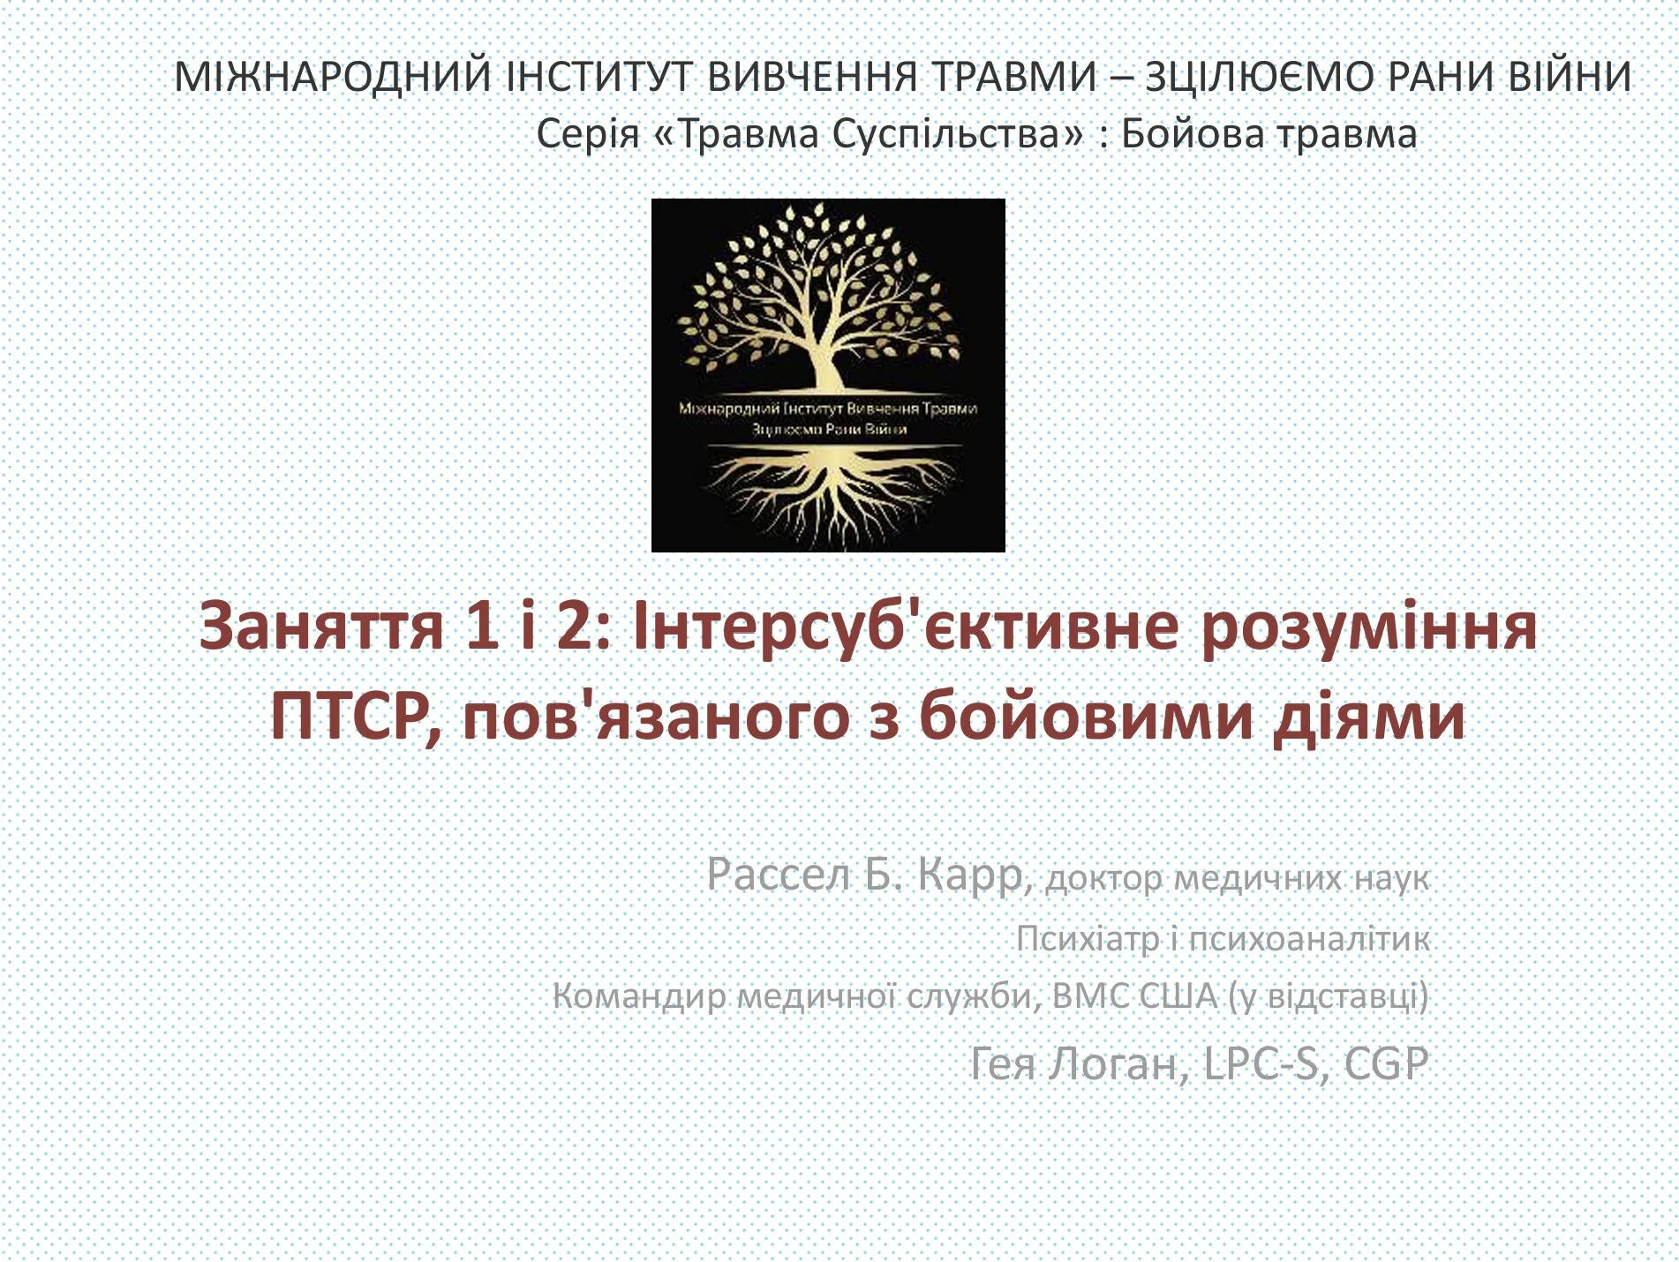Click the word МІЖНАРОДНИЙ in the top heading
click(333, 76)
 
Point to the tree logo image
click(828, 375)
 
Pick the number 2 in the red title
click(575, 624)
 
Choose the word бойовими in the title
click(1086, 716)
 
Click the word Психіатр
click(1088, 938)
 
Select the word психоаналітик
click(1309, 939)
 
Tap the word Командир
click(641, 996)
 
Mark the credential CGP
click(1386, 1063)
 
